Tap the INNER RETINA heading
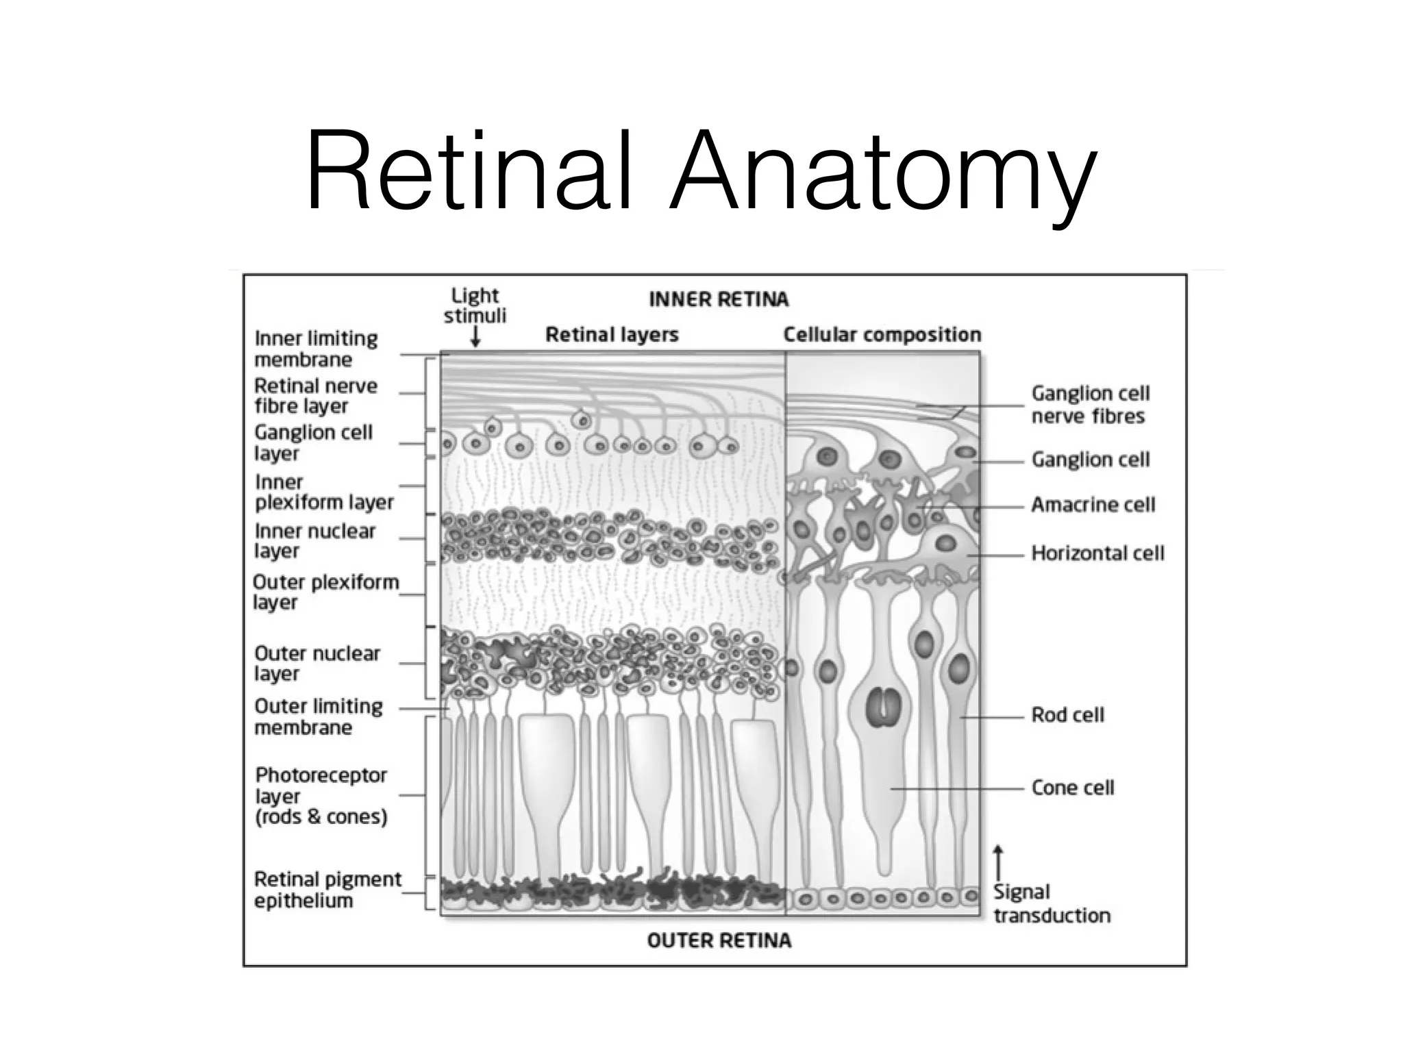718,299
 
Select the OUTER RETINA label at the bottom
719,940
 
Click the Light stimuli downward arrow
475,337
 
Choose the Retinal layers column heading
612,334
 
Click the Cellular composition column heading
882,334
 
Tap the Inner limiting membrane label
316,349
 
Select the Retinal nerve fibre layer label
315,396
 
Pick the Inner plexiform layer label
323,492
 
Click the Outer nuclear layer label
316,663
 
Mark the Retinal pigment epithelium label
327,889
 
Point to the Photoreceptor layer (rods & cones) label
321,795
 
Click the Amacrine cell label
1093,505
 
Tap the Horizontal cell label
1097,553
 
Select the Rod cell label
1067,715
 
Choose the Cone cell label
1072,788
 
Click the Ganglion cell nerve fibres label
1090,405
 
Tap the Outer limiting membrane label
318,716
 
